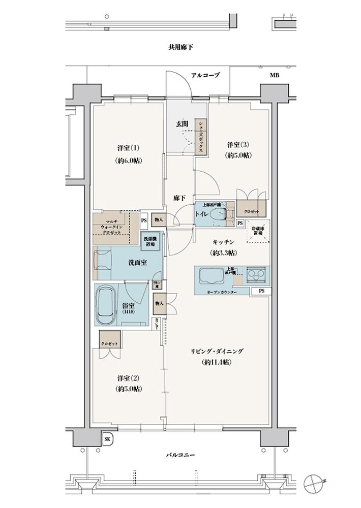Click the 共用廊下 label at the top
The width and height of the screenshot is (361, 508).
click(180, 48)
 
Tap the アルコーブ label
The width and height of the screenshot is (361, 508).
click(205, 75)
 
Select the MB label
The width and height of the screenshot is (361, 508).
click(275, 75)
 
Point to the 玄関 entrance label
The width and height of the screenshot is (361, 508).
click(182, 124)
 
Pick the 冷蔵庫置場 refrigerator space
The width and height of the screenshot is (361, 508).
click(258, 231)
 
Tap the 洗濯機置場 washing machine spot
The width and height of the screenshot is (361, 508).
click(150, 241)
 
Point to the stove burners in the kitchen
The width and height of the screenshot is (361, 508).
click(256, 276)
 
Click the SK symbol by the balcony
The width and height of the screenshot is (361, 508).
click(108, 439)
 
